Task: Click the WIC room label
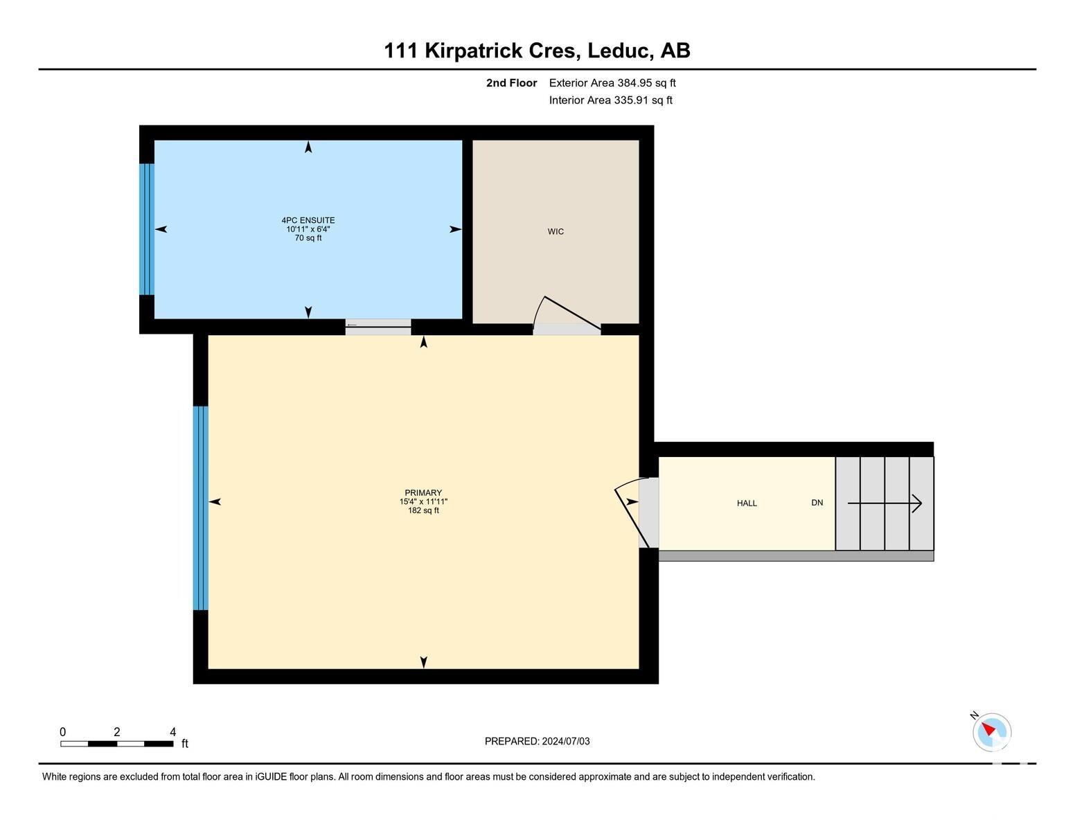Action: pyautogui.click(x=556, y=231)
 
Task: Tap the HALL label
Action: pyautogui.click(x=747, y=503)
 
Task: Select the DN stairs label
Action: pyautogui.click(x=817, y=503)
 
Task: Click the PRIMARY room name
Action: pyautogui.click(x=423, y=493)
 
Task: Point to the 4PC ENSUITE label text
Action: pyautogui.click(x=308, y=220)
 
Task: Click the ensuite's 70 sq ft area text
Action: pyautogui.click(x=308, y=238)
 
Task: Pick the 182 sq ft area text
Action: pyautogui.click(x=423, y=510)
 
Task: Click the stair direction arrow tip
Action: pyautogui.click(x=921, y=503)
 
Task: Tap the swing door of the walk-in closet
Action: pyautogui.click(x=567, y=313)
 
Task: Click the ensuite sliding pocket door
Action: pyautogui.click(x=378, y=325)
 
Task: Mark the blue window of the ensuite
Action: pyautogui.click(x=147, y=229)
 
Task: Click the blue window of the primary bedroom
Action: pyautogui.click(x=200, y=508)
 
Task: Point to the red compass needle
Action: pyautogui.click(x=988, y=729)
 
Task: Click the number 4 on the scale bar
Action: pyautogui.click(x=172, y=732)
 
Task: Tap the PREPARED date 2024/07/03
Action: pyautogui.click(x=566, y=741)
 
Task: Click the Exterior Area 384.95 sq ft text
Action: pyautogui.click(x=612, y=83)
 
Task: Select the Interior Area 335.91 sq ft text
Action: pyautogui.click(x=611, y=100)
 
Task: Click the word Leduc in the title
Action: pyautogui.click(x=619, y=51)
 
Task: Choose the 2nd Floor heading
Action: pyautogui.click(x=512, y=83)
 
